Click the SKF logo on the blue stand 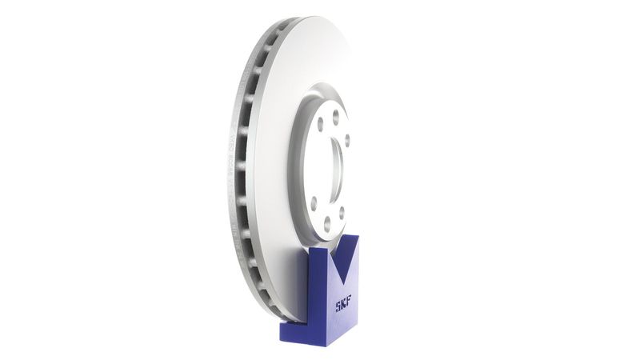pyautogui.click(x=342, y=304)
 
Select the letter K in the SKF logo pyautogui.click(x=343, y=304)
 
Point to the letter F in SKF pyautogui.click(x=348, y=302)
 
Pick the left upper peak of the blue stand pyautogui.click(x=318, y=249)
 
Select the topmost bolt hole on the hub pyautogui.click(x=335, y=114)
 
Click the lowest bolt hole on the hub pyautogui.click(x=326, y=226)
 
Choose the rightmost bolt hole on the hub pyautogui.click(x=346, y=141)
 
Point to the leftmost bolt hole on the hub pyautogui.click(x=313, y=202)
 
